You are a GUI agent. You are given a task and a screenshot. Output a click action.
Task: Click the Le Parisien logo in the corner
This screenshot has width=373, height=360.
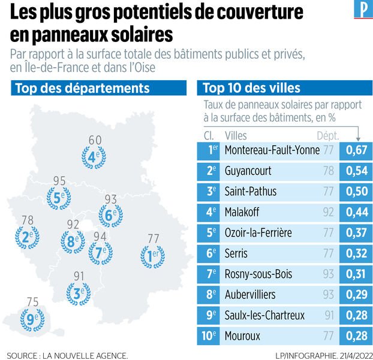click(x=362, y=11)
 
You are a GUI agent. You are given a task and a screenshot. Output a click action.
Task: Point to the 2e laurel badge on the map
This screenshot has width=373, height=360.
click(x=26, y=237)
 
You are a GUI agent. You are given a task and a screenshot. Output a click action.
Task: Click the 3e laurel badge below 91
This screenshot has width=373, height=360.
click(x=78, y=294)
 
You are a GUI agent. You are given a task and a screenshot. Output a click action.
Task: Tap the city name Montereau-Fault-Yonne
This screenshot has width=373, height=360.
click(x=271, y=150)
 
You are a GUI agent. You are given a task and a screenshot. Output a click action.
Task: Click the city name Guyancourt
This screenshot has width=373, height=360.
click(x=248, y=171)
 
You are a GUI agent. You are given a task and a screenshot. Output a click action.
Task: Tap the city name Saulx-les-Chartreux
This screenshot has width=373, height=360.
click(x=264, y=316)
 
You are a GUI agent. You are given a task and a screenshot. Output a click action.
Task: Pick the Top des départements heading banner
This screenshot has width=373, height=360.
click(x=82, y=89)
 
